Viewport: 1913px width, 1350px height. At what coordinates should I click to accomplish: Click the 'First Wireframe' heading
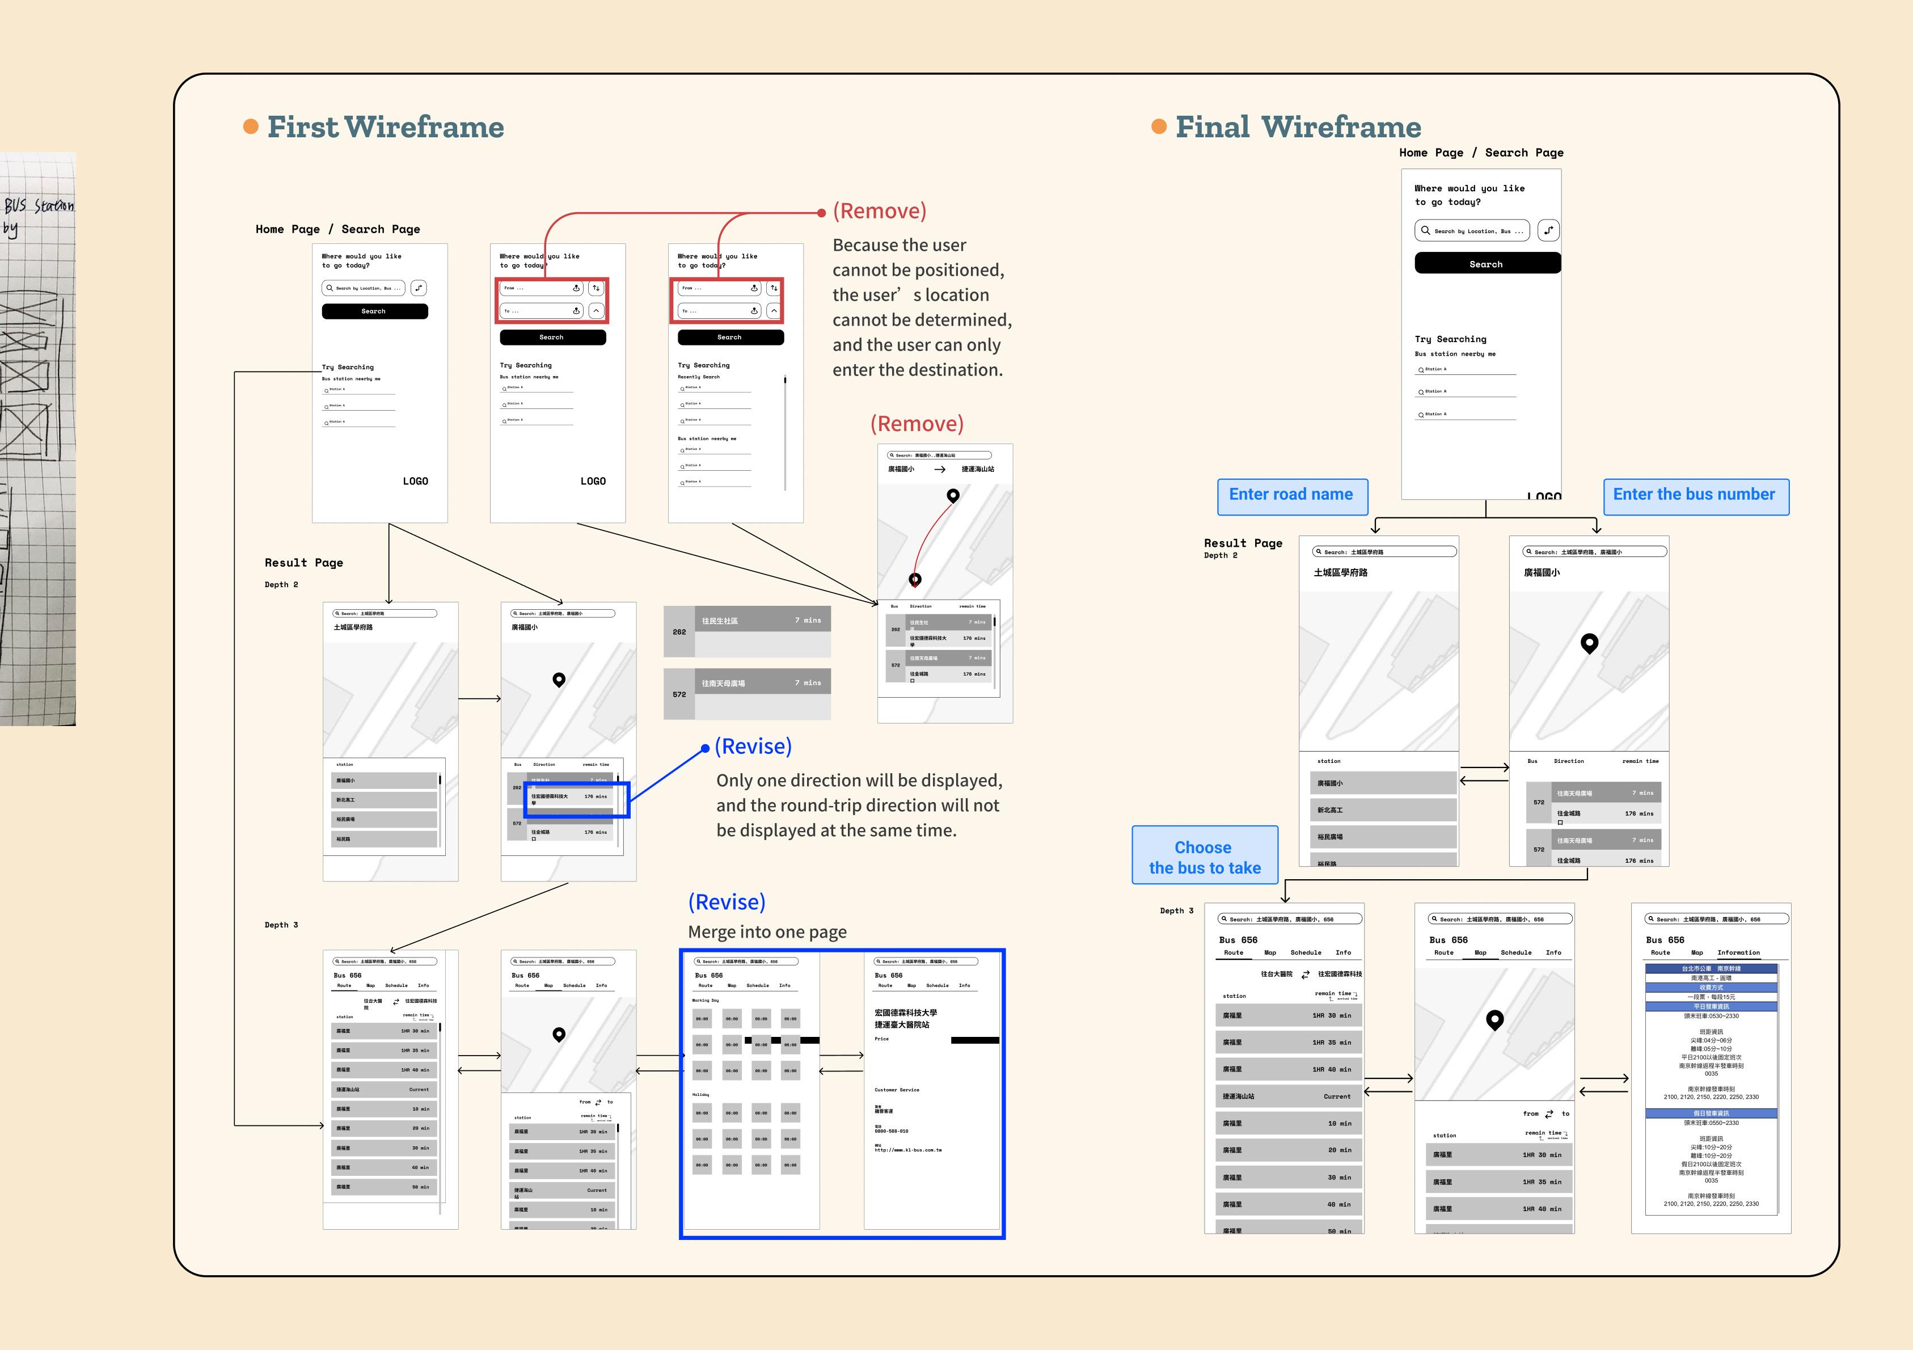pyautogui.click(x=385, y=128)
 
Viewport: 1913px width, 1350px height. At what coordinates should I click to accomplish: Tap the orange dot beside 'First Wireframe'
pyautogui.click(x=250, y=126)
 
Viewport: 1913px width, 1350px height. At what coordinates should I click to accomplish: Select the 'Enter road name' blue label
pyautogui.click(x=1291, y=495)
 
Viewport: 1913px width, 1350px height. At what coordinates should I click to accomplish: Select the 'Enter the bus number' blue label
pyautogui.click(x=1695, y=495)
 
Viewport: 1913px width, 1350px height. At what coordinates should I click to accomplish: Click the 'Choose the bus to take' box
pyautogui.click(x=1204, y=857)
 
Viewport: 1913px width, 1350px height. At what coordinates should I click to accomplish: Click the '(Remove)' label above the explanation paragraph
pyautogui.click(x=880, y=212)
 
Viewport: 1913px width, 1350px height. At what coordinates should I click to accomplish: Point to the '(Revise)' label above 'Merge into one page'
pyautogui.click(x=727, y=902)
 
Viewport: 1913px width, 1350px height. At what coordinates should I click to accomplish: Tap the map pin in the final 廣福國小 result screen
pyautogui.click(x=1589, y=643)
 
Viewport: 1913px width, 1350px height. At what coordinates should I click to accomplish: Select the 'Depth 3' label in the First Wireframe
pyautogui.click(x=281, y=925)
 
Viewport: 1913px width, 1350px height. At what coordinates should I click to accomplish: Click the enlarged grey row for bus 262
pyautogui.click(x=746, y=631)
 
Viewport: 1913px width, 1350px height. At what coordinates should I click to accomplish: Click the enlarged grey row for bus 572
pyautogui.click(x=746, y=693)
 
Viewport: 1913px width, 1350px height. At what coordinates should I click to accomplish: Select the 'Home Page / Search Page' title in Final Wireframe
pyautogui.click(x=1481, y=153)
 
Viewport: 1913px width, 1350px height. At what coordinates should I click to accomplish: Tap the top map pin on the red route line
pyautogui.click(x=953, y=496)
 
